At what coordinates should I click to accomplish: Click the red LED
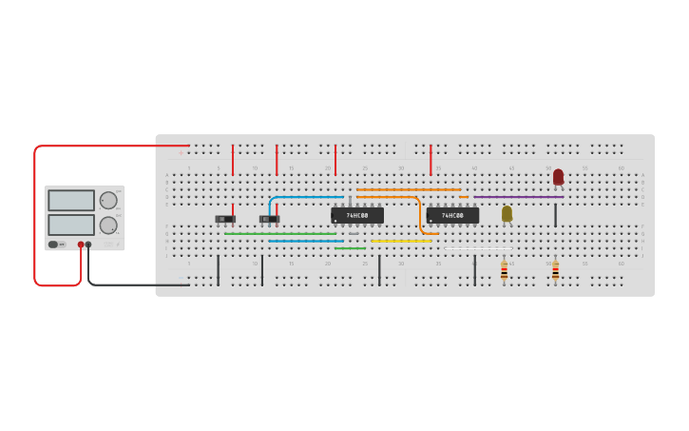pos(558,176)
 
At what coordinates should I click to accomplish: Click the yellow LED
pos(507,213)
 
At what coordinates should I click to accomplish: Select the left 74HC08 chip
pos(357,216)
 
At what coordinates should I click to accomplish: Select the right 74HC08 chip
pos(452,216)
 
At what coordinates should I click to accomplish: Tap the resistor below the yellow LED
pos(504,272)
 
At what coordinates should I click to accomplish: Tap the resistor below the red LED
pos(555,272)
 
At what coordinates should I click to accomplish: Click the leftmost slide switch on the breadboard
pos(225,219)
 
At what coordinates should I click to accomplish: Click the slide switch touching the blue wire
pos(269,219)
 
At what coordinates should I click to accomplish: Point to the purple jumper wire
pos(518,197)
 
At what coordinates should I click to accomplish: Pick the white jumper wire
pos(478,248)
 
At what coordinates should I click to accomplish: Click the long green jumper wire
pos(280,234)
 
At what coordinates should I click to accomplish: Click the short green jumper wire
pos(350,248)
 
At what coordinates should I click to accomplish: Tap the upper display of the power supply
pos(71,201)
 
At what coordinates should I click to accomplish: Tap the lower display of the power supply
pos(71,225)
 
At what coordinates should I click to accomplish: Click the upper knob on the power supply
pos(108,200)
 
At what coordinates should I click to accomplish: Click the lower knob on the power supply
pos(108,225)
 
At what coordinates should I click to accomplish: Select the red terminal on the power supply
pos(81,245)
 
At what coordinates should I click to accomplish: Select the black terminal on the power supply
pos(88,245)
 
